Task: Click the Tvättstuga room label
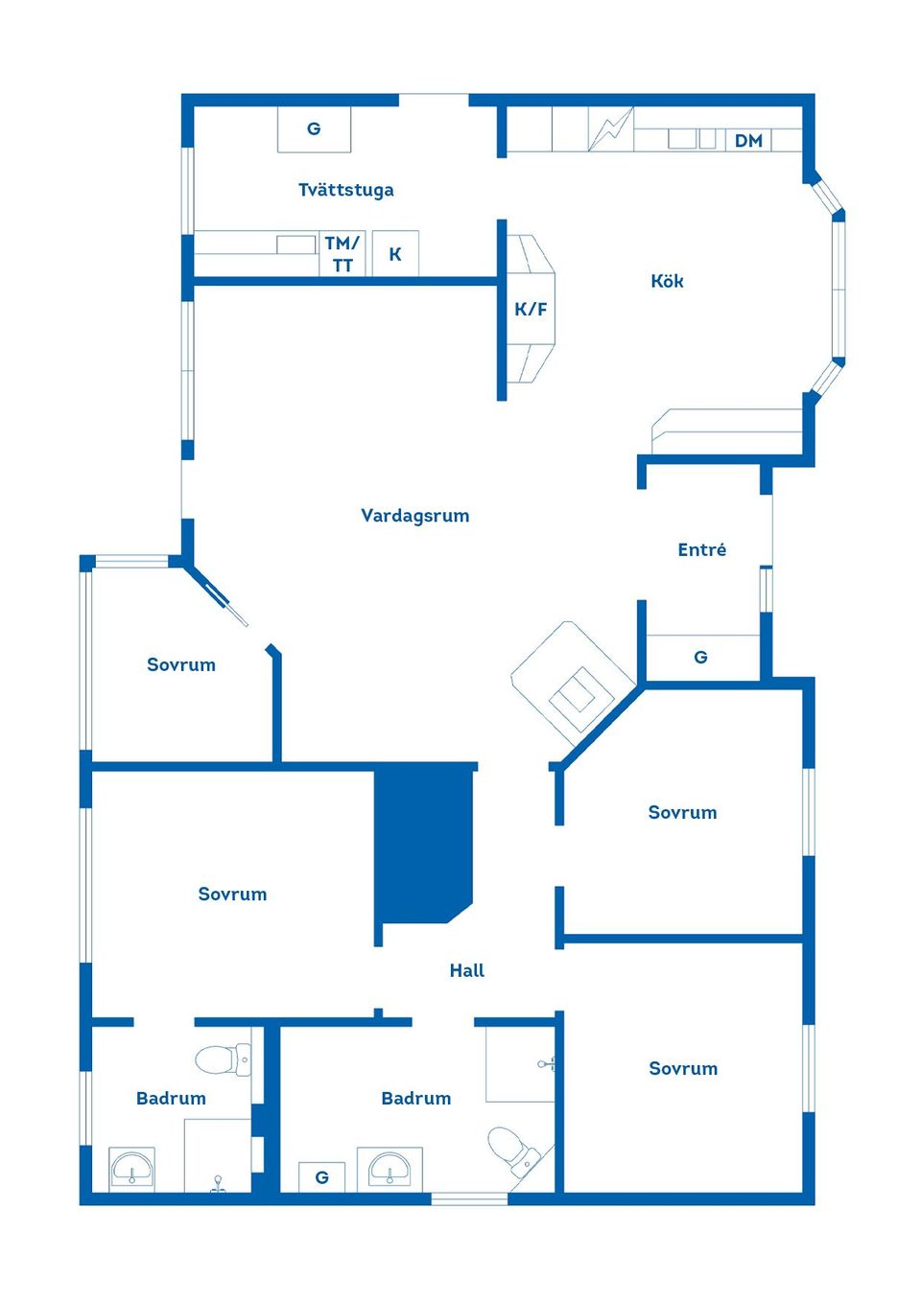345,190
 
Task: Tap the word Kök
667,281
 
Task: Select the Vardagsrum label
414,516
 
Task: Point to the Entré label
701,549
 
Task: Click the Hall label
466,970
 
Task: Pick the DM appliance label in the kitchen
748,141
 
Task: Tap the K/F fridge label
531,309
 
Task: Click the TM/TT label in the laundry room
342,254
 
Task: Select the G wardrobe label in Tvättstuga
314,128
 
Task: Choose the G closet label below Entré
700,657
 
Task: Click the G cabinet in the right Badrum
322,1176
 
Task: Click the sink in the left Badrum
131,1169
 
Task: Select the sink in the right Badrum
390,1169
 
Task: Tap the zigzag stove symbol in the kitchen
610,129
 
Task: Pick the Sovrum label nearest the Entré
682,812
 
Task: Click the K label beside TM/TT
395,254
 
